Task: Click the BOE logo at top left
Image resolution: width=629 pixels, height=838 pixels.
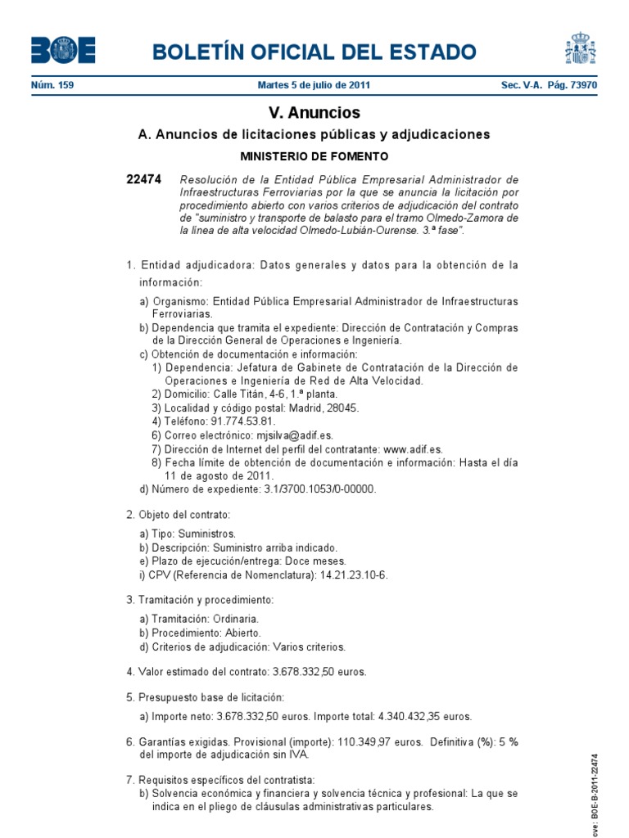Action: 63,50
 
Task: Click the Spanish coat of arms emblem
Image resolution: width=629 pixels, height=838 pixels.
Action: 579,48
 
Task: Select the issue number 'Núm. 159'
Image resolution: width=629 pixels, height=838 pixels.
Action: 52,85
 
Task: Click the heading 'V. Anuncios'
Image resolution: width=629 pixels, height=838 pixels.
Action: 314,113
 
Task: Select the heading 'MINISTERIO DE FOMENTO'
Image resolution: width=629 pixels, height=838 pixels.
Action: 314,155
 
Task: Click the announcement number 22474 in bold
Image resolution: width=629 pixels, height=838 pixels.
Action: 144,179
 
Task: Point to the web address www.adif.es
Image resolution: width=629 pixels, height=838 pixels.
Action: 413,449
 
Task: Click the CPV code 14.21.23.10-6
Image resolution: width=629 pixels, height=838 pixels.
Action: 354,574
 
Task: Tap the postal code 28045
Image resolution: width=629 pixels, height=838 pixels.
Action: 342,408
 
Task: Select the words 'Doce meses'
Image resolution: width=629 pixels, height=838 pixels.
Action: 318,561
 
